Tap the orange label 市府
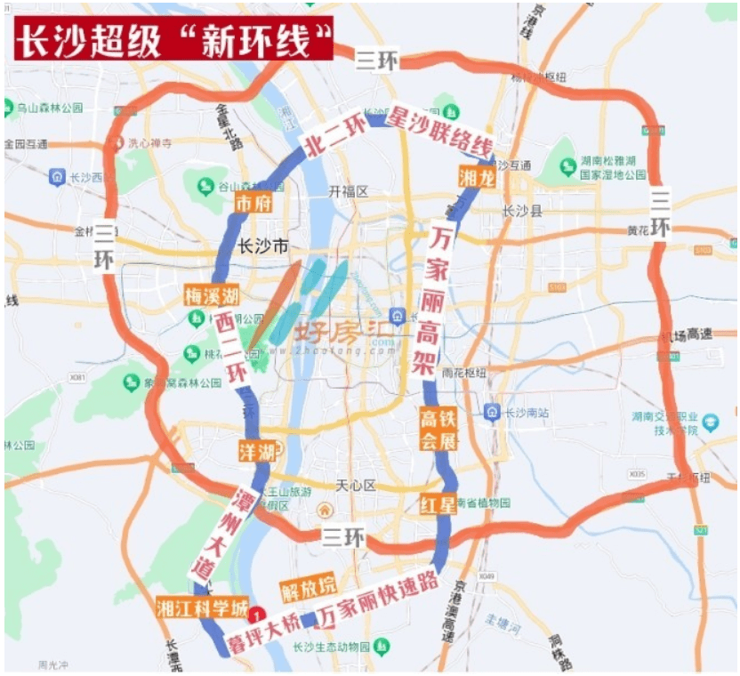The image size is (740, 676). pyautogui.click(x=253, y=204)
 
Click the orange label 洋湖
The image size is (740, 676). pyautogui.click(x=256, y=451)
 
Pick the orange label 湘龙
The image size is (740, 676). pyautogui.click(x=476, y=177)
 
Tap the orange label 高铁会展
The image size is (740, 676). pyautogui.click(x=438, y=429)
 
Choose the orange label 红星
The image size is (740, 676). pyautogui.click(x=438, y=505)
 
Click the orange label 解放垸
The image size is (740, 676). pyautogui.click(x=308, y=587)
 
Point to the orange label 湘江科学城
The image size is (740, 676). pyautogui.click(x=202, y=608)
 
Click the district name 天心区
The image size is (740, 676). pyautogui.click(x=357, y=485)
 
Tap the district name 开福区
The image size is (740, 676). pyautogui.click(x=348, y=191)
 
